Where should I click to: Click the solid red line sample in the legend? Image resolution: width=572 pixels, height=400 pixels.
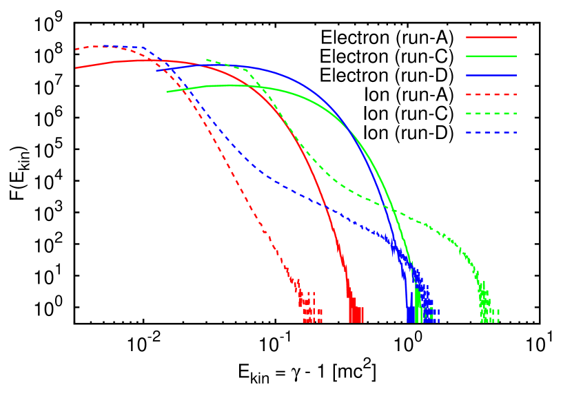[x=491, y=37]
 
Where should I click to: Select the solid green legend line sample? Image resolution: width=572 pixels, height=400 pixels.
[x=491, y=56]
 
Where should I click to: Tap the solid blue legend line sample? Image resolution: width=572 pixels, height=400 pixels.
[x=491, y=75]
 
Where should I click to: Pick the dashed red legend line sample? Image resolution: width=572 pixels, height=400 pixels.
[x=491, y=94]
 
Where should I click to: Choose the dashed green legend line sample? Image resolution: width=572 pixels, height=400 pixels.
[x=491, y=114]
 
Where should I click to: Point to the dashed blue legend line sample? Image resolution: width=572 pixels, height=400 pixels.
[x=491, y=132]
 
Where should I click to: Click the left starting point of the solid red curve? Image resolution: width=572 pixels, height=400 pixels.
[x=76, y=67]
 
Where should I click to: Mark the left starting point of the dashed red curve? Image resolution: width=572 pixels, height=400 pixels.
[x=76, y=50]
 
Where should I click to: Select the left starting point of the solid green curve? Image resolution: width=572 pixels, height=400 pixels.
[x=167, y=92]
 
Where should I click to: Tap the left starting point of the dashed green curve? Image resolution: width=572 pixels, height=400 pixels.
[x=207, y=60]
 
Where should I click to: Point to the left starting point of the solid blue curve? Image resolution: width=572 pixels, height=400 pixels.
[x=156, y=70]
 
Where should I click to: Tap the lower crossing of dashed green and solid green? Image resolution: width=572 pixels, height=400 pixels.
[x=395, y=213]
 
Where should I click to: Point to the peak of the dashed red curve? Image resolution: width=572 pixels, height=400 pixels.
[x=103, y=46]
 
